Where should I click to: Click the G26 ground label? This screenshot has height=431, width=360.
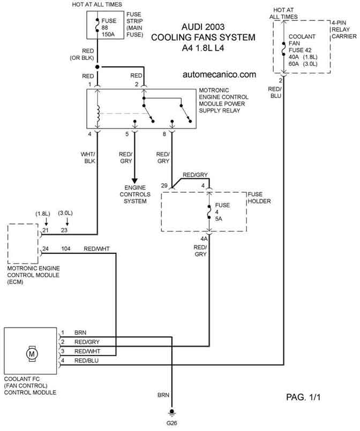click(171, 423)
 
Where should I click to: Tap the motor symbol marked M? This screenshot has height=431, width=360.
click(32, 353)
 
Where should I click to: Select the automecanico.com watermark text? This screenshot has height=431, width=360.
click(219, 74)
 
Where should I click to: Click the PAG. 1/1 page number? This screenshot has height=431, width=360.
click(303, 397)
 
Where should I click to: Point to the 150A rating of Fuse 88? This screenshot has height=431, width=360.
click(108, 34)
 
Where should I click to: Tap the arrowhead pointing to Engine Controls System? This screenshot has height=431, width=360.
click(134, 181)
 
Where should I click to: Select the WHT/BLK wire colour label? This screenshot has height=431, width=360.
click(88, 158)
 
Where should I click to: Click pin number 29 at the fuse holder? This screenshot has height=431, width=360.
click(164, 186)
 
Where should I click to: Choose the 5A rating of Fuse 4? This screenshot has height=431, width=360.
click(219, 219)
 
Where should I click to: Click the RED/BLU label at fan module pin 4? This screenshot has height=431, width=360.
click(86, 361)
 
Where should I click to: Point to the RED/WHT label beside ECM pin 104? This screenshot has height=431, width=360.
click(96, 249)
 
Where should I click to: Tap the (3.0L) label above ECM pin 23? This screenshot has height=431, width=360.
click(65, 213)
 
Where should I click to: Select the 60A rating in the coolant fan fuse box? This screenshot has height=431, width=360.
click(294, 64)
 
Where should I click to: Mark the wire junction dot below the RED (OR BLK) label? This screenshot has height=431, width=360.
click(97, 67)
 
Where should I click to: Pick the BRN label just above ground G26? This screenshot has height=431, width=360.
click(163, 395)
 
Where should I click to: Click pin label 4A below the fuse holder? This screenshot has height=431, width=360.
click(204, 239)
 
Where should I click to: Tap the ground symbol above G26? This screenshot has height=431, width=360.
click(172, 413)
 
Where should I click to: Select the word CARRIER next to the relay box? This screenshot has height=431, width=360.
click(344, 36)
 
